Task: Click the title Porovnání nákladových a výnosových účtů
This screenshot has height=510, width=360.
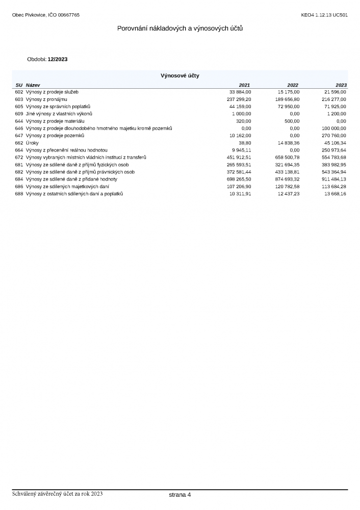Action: point(180,28)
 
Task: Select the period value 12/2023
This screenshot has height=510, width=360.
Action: point(57,59)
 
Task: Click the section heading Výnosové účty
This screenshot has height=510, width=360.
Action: point(180,75)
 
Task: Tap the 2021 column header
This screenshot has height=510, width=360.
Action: point(245,85)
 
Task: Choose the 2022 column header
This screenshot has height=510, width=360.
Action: point(293,85)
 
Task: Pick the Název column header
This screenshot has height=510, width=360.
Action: point(33,85)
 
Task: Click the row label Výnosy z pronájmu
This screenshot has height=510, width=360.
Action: point(46,99)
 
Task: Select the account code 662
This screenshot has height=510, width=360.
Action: point(19,143)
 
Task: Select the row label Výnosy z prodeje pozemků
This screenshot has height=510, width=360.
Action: point(55,136)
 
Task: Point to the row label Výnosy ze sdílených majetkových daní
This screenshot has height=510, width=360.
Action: point(67,187)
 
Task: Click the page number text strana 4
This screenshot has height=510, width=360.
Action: point(180,495)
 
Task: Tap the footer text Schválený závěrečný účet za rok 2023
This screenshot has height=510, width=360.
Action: point(58,494)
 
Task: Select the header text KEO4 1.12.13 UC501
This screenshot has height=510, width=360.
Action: point(325,15)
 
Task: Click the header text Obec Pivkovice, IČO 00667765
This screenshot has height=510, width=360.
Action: point(46,15)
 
